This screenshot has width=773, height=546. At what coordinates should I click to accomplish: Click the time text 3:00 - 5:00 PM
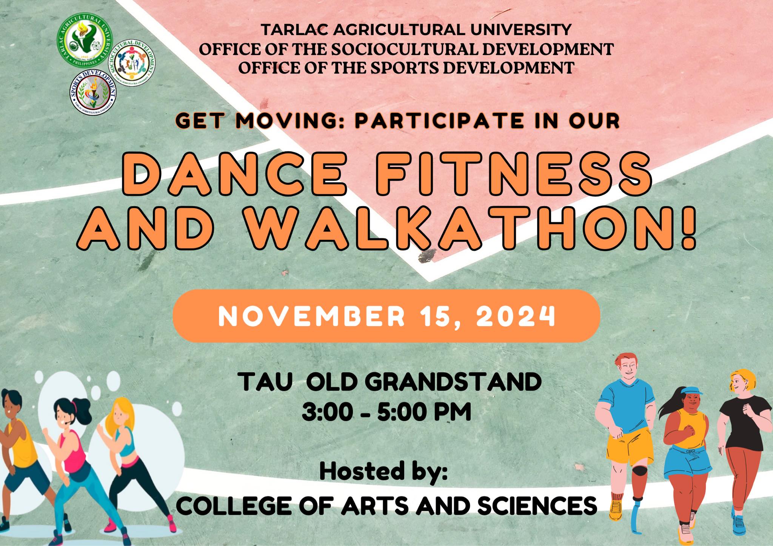[386, 412]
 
